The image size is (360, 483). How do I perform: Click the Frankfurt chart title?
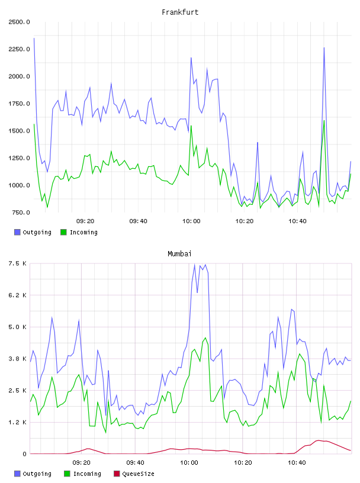pyautogui.click(x=180, y=12)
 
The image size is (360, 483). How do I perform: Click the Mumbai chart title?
pyautogui.click(x=179, y=254)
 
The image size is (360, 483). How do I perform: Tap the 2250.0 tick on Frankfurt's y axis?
pyautogui.click(x=19, y=49)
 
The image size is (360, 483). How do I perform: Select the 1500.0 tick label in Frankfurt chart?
pyautogui.click(x=19, y=131)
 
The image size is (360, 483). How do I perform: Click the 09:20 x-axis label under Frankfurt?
pyautogui.click(x=85, y=221)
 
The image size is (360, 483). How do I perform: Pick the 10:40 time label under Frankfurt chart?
pyautogui.click(x=297, y=221)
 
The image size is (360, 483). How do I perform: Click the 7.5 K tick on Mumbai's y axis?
pyautogui.click(x=17, y=263)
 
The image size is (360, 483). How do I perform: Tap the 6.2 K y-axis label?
pyautogui.click(x=17, y=295)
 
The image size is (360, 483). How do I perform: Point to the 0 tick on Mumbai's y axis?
pyautogui.click(x=24, y=454)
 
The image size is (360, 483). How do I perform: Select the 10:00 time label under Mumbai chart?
pyautogui.click(x=189, y=463)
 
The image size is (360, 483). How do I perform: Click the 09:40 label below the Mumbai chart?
pyautogui.click(x=135, y=463)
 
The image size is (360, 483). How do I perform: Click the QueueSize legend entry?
pyautogui.click(x=134, y=474)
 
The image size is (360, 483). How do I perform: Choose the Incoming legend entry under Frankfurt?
pyautogui.click(x=79, y=232)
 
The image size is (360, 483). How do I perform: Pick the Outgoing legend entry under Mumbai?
pyautogui.click(x=33, y=474)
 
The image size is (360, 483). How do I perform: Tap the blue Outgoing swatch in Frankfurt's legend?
pyautogui.click(x=17, y=232)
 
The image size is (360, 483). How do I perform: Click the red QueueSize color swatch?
pyautogui.click(x=117, y=474)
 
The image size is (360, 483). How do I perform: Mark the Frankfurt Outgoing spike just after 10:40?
pyautogui.click(x=324, y=48)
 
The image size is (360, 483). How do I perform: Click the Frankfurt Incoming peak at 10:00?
pyautogui.click(x=191, y=125)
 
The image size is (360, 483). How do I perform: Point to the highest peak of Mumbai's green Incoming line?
pyautogui.click(x=205, y=338)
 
